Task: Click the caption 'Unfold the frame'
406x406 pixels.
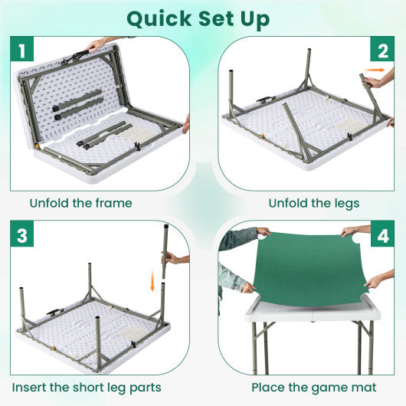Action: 81,203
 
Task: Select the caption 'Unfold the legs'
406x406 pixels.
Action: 313,203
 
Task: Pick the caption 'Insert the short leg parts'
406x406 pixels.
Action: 87,388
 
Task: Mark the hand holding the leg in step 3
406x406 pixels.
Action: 175,258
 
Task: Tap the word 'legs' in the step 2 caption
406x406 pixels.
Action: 342,204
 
